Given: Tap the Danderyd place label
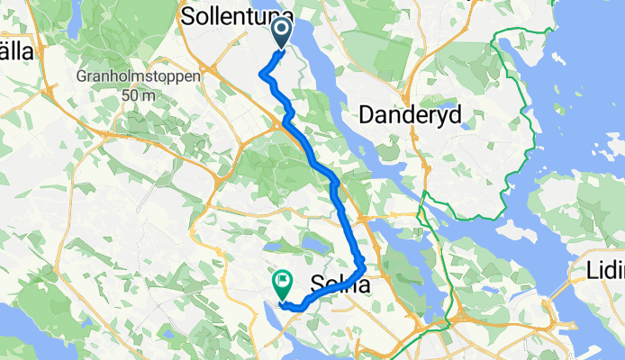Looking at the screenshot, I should [x=411, y=114].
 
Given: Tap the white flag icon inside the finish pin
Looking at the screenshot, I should [x=283, y=280].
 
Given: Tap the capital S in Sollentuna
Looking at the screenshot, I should [x=188, y=16].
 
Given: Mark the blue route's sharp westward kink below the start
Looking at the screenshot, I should [x=262, y=74].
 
